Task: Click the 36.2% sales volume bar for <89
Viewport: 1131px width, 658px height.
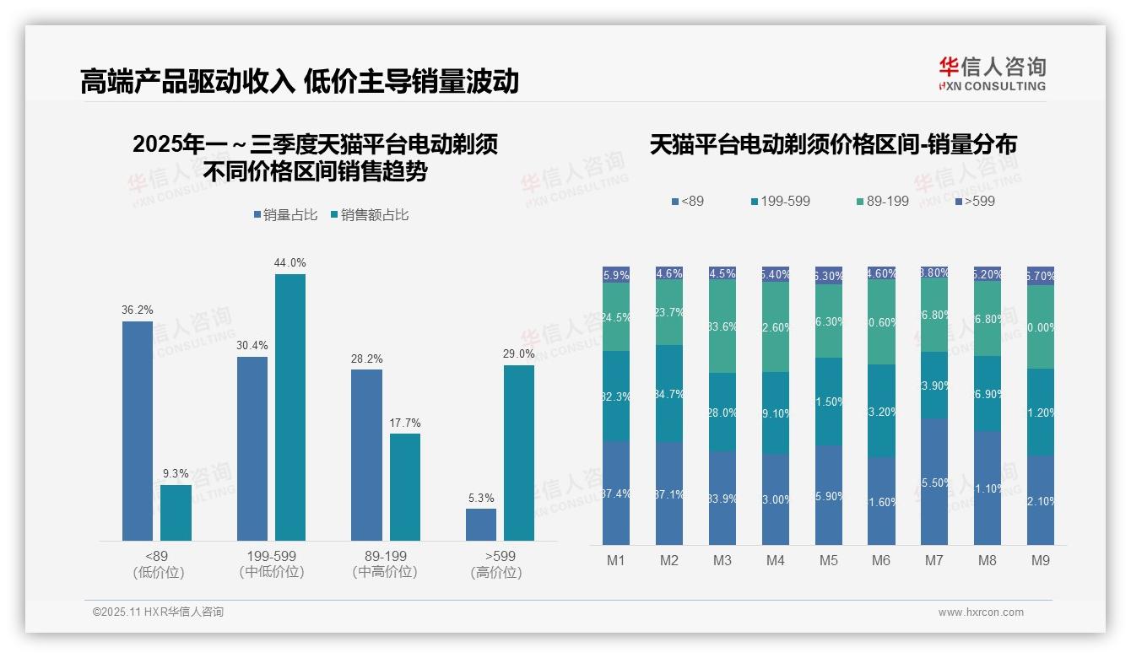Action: pyautogui.click(x=138, y=430)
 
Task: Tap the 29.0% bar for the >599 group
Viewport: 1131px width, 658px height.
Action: pyautogui.click(x=519, y=452)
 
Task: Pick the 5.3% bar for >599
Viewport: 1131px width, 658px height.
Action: pyautogui.click(x=481, y=524)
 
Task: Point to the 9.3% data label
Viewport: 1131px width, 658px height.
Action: pyautogui.click(x=176, y=473)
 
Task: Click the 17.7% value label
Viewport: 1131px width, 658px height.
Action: pyautogui.click(x=405, y=423)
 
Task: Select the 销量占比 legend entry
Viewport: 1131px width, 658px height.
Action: pyautogui.click(x=285, y=215)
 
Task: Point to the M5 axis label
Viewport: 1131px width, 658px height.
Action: pyautogui.click(x=828, y=560)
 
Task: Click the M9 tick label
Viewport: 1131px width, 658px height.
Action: pyautogui.click(x=1040, y=560)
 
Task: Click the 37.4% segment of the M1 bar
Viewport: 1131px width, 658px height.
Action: pyautogui.click(x=616, y=493)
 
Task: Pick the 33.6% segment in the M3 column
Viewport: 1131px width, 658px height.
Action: pyautogui.click(x=722, y=326)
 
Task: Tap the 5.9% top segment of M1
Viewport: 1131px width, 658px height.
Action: pyautogui.click(x=616, y=274)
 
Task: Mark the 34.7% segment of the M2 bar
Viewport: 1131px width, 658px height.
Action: pyautogui.click(x=669, y=393)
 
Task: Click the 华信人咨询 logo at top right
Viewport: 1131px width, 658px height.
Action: pyautogui.click(x=993, y=73)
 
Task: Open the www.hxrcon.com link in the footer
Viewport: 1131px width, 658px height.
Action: pyautogui.click(x=981, y=612)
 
